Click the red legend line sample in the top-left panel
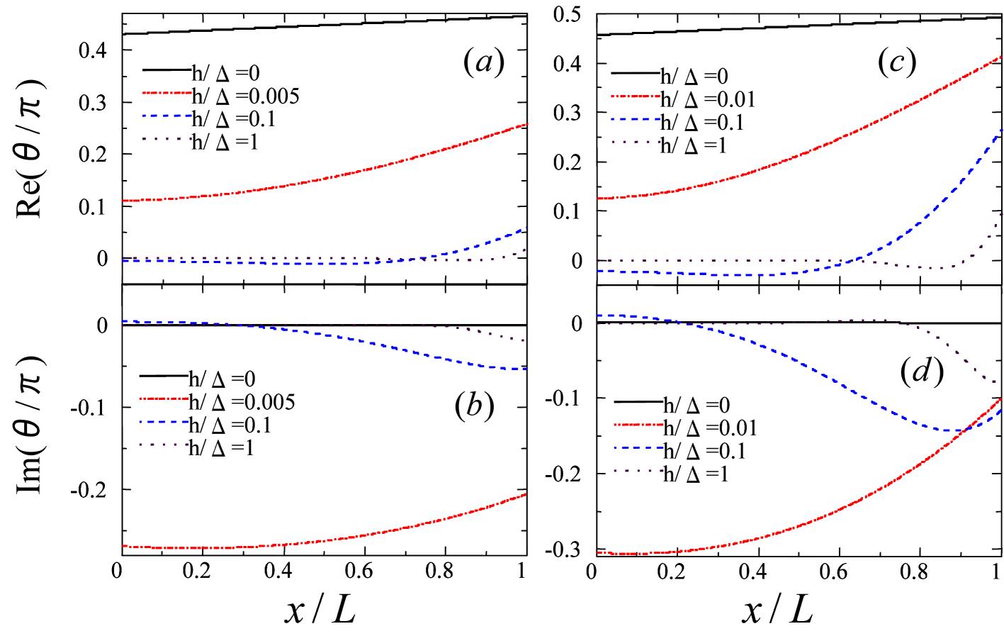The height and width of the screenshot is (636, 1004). pyautogui.click(x=167, y=93)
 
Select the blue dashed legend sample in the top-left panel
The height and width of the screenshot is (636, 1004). pyautogui.click(x=167, y=116)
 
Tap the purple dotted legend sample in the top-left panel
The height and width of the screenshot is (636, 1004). pyautogui.click(x=167, y=139)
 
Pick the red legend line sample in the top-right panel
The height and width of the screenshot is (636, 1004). pyautogui.click(x=636, y=96)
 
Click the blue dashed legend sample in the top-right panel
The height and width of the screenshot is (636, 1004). pyautogui.click(x=636, y=119)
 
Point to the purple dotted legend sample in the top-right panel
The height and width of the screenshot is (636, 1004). pyautogui.click(x=636, y=142)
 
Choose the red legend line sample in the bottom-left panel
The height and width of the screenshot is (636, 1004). pyautogui.click(x=164, y=398)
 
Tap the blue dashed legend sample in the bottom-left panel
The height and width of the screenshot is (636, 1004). pyautogui.click(x=164, y=422)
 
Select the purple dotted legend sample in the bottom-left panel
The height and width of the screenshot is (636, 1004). pyautogui.click(x=164, y=445)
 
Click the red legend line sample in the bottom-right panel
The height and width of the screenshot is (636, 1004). pyautogui.click(x=639, y=425)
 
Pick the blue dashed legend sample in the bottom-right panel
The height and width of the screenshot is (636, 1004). pyautogui.click(x=639, y=448)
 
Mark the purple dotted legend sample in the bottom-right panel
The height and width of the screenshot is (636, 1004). pyautogui.click(x=639, y=471)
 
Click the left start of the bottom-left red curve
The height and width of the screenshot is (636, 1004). pyautogui.click(x=124, y=546)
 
